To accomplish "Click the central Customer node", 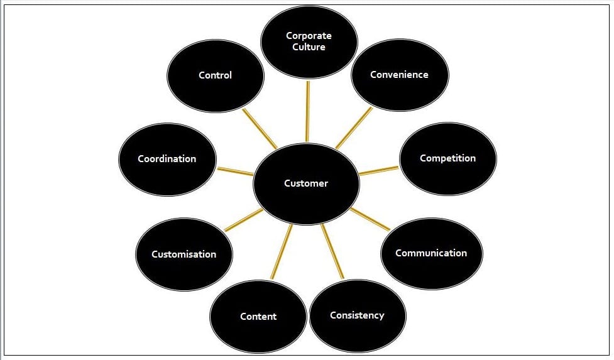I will tap(306, 183).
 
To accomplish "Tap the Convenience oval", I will tap(399, 75).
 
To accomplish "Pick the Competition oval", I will tap(447, 158).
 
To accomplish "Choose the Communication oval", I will tap(431, 253).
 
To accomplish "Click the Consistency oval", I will tap(357, 315).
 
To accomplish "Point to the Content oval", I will tap(258, 317).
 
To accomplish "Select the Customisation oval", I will tap(184, 254).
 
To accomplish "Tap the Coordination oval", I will tap(167, 159).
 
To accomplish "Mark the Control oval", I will tap(216, 75).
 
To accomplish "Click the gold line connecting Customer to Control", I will tap(260, 129).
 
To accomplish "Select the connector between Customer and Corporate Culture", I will tap(307, 111).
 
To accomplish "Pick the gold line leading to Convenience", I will tap(353, 128).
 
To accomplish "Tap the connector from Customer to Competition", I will tap(379, 170).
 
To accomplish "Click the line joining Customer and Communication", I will tap(370, 219).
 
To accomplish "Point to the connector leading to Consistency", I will tap(333, 251).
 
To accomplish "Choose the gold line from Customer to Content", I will tap(282, 251).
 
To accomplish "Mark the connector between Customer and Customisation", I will tap(244, 220).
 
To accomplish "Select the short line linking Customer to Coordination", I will tap(235, 171).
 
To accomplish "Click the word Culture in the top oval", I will tap(309, 47).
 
